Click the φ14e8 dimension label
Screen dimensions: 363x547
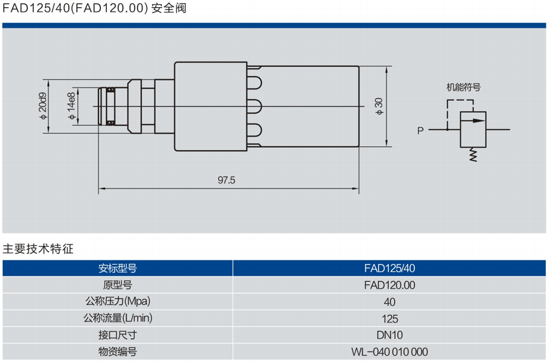71,107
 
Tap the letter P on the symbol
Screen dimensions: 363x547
420,130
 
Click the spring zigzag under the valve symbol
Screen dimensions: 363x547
473,155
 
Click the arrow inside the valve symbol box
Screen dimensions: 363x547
473,120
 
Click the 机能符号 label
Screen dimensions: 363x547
463,87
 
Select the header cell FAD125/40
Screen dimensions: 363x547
390,268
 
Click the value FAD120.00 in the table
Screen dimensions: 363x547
390,285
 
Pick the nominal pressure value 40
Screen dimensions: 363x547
390,302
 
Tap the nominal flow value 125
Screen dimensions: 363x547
390,319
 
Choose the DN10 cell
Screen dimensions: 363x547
390,335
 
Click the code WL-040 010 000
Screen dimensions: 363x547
390,352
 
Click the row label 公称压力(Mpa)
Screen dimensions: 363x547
117,302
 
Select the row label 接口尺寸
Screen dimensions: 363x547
117,335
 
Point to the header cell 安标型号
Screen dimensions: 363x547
117,268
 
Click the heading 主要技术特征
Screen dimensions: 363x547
38,249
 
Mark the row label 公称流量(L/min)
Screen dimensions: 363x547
117,319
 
